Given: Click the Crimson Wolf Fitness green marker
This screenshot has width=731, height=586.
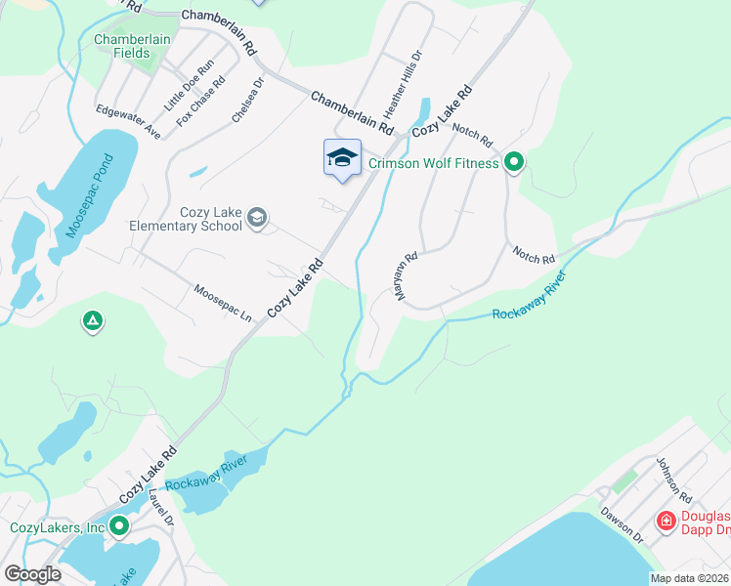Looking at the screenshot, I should point(513,163).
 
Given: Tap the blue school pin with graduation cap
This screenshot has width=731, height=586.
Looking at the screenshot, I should point(342,158).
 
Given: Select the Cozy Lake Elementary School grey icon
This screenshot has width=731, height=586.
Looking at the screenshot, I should point(257,217).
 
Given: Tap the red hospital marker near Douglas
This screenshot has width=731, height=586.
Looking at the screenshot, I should point(666,522).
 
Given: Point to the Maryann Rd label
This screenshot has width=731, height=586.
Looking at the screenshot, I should point(407,276).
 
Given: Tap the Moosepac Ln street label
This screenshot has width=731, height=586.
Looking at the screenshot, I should point(222,304).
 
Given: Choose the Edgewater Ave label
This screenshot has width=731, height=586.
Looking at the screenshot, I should point(128,121).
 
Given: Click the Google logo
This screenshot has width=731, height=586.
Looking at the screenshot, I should point(32,574).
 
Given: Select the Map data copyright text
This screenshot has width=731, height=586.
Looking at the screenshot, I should point(689,578).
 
